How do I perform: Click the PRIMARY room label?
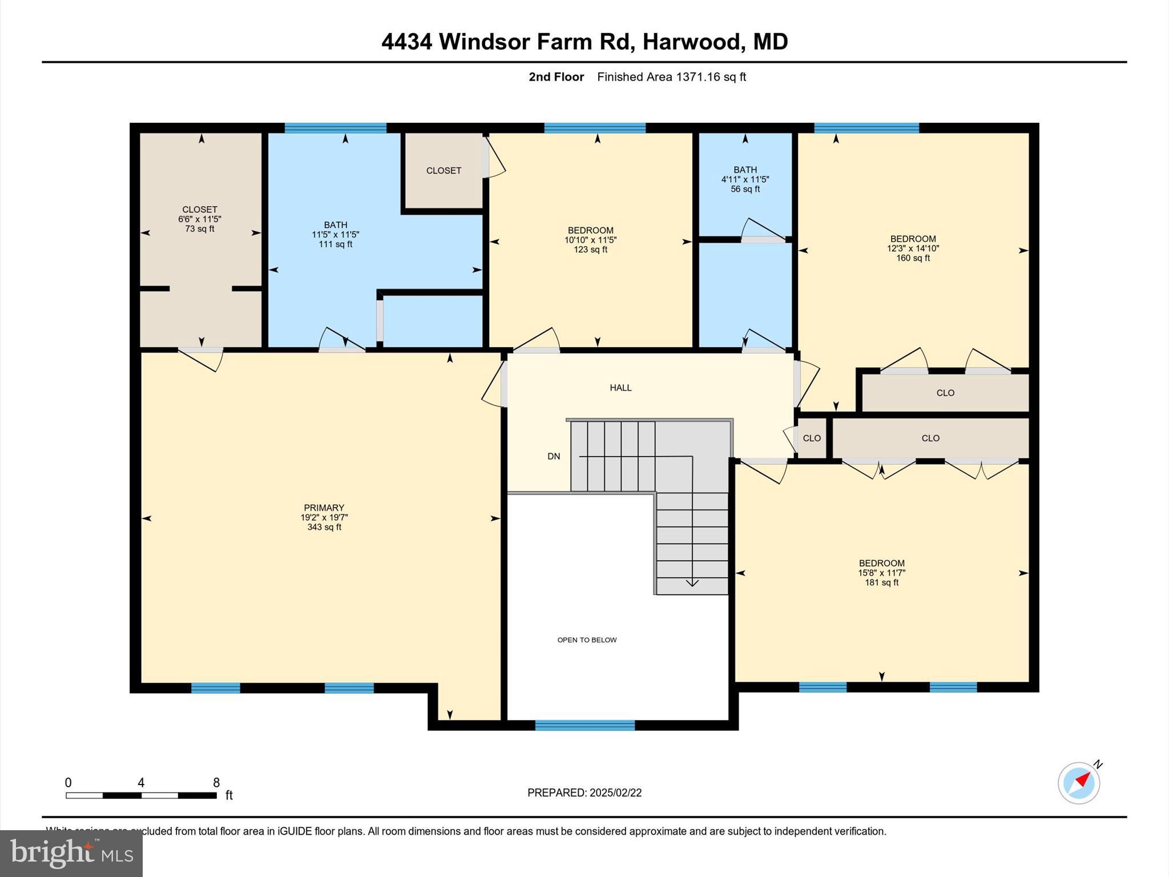pyautogui.click(x=324, y=508)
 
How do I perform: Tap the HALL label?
pyautogui.click(x=620, y=388)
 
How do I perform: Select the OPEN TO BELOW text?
pyautogui.click(x=587, y=640)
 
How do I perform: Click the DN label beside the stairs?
pyautogui.click(x=554, y=456)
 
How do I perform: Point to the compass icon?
pyautogui.click(x=1079, y=783)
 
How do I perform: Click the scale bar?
pyautogui.click(x=141, y=795)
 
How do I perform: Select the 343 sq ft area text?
pyautogui.click(x=324, y=527)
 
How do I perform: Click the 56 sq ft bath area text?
pyautogui.click(x=745, y=189)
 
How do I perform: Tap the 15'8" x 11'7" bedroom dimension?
pyautogui.click(x=881, y=573)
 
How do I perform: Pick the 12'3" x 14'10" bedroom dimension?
pyautogui.click(x=913, y=248)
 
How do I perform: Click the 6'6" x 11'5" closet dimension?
pyautogui.click(x=199, y=219)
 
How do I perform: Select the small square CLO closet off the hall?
pyautogui.click(x=811, y=438)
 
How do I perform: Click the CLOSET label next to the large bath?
pyautogui.click(x=444, y=171)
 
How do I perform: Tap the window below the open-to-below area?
pyautogui.click(x=584, y=725)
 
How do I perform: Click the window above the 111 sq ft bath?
pyautogui.click(x=335, y=128)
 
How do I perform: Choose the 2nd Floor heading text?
pyautogui.click(x=556, y=77)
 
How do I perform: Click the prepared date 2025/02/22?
pyautogui.click(x=615, y=792)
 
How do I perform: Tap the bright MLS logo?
pyautogui.click(x=71, y=854)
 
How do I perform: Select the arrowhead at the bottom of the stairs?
pyautogui.click(x=692, y=583)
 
